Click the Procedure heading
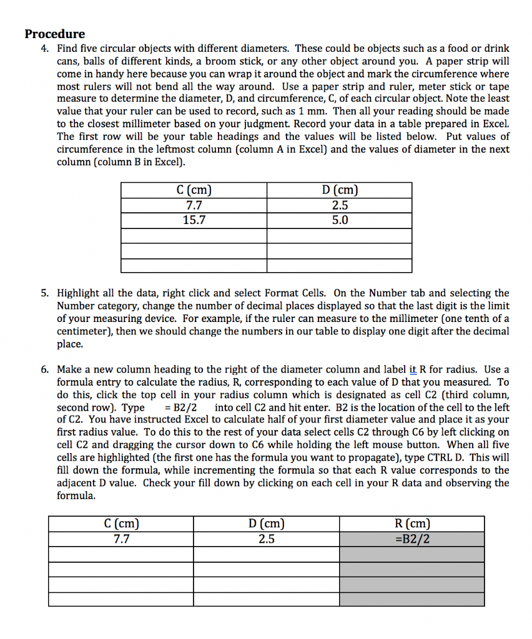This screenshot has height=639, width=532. [55, 34]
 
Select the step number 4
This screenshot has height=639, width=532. [45, 48]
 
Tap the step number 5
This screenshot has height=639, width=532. [45, 293]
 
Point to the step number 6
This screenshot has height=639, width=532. [45, 369]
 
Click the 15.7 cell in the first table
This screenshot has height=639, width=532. [194, 220]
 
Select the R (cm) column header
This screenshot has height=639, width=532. [412, 524]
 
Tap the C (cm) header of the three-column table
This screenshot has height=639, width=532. [121, 524]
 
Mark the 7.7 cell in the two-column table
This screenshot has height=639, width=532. [194, 205]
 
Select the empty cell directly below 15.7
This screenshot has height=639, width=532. [194, 236]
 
